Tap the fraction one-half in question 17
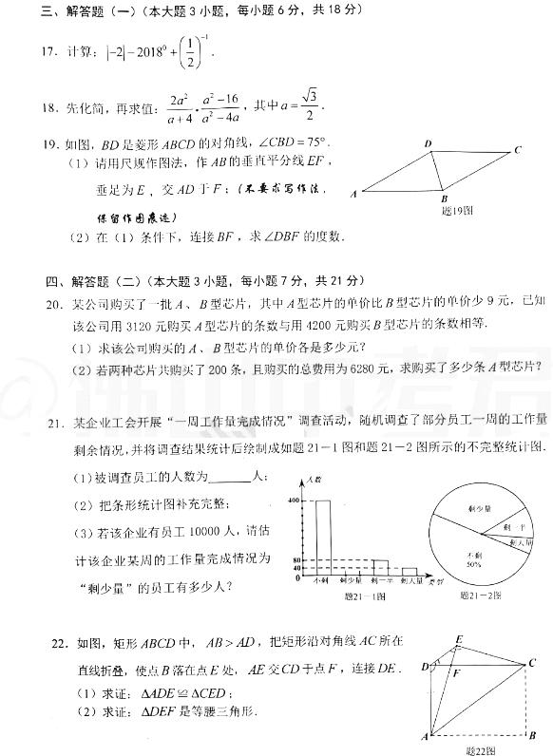(x=194, y=47)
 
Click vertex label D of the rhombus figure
(x=429, y=143)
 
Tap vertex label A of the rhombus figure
(x=354, y=193)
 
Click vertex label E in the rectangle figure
(x=460, y=638)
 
